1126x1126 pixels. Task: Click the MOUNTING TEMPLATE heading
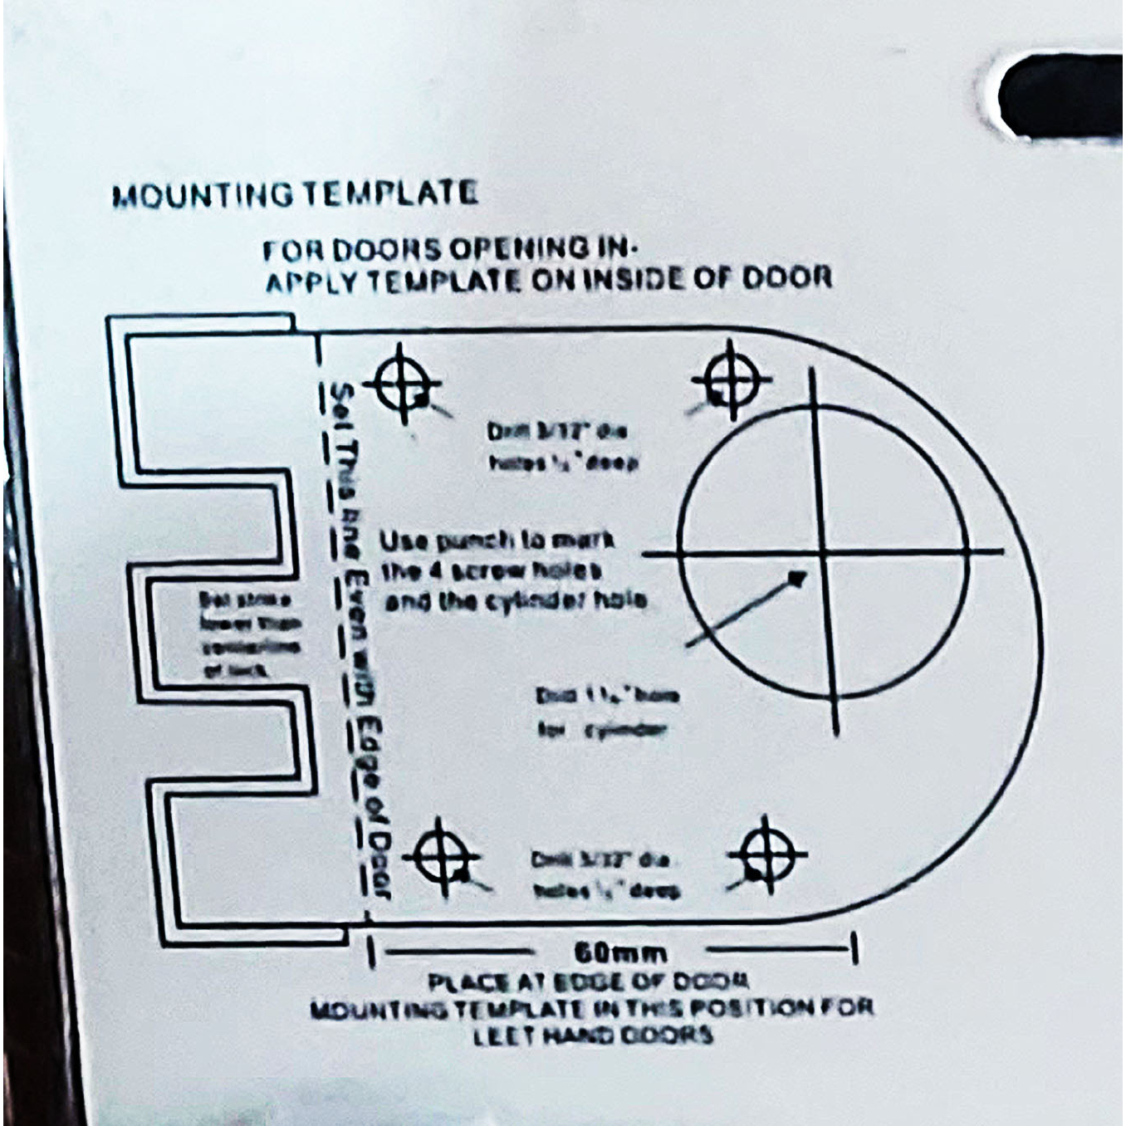point(295,195)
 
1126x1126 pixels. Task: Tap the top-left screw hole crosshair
point(404,384)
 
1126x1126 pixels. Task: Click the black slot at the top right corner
point(1063,95)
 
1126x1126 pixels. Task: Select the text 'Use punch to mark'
point(497,541)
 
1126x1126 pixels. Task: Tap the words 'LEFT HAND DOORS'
point(593,1035)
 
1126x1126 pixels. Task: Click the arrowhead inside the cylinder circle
point(797,577)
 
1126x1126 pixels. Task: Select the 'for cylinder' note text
point(602,731)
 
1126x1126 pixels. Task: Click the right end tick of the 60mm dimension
point(854,947)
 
